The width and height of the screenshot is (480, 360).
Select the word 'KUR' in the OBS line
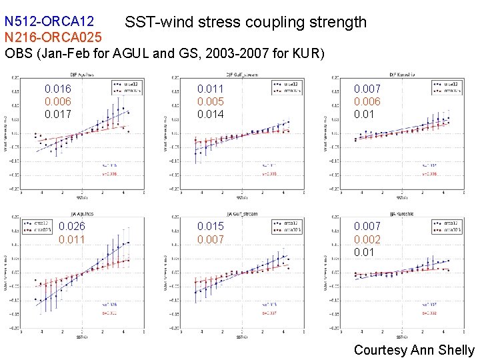coord(307,53)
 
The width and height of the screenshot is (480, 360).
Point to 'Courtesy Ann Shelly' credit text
coord(413,349)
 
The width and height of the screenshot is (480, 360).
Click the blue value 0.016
coord(58,89)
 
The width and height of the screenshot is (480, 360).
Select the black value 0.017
coord(58,114)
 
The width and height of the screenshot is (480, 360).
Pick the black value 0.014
coord(211,114)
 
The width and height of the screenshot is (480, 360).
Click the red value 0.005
coord(211,101)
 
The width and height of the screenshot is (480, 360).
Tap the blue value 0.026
coord(72,227)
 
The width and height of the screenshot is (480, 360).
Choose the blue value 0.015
coord(211,227)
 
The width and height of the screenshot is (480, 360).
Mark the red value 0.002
coord(367,239)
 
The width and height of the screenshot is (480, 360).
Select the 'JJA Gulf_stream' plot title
coord(242,214)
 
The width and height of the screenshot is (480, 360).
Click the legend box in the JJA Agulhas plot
coord(39,227)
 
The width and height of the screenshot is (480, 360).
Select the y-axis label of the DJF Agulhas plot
coord(7,133)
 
